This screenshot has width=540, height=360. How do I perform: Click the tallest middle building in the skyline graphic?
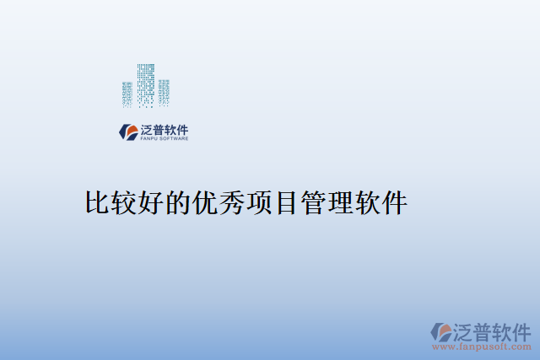click(x=145, y=84)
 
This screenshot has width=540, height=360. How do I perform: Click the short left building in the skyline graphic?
click(x=127, y=94)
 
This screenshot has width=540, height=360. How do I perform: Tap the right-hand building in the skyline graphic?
click(x=164, y=93)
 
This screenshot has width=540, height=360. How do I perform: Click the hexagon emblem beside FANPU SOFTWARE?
click(x=129, y=132)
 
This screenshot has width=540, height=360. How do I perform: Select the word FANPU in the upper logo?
click(x=149, y=139)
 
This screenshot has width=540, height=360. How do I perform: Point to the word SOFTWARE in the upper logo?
click(x=174, y=139)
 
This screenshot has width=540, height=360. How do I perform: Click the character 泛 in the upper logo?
click(x=148, y=130)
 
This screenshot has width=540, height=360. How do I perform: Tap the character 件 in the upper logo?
click(x=182, y=130)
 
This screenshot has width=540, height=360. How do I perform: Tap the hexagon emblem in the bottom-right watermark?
click(x=441, y=332)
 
